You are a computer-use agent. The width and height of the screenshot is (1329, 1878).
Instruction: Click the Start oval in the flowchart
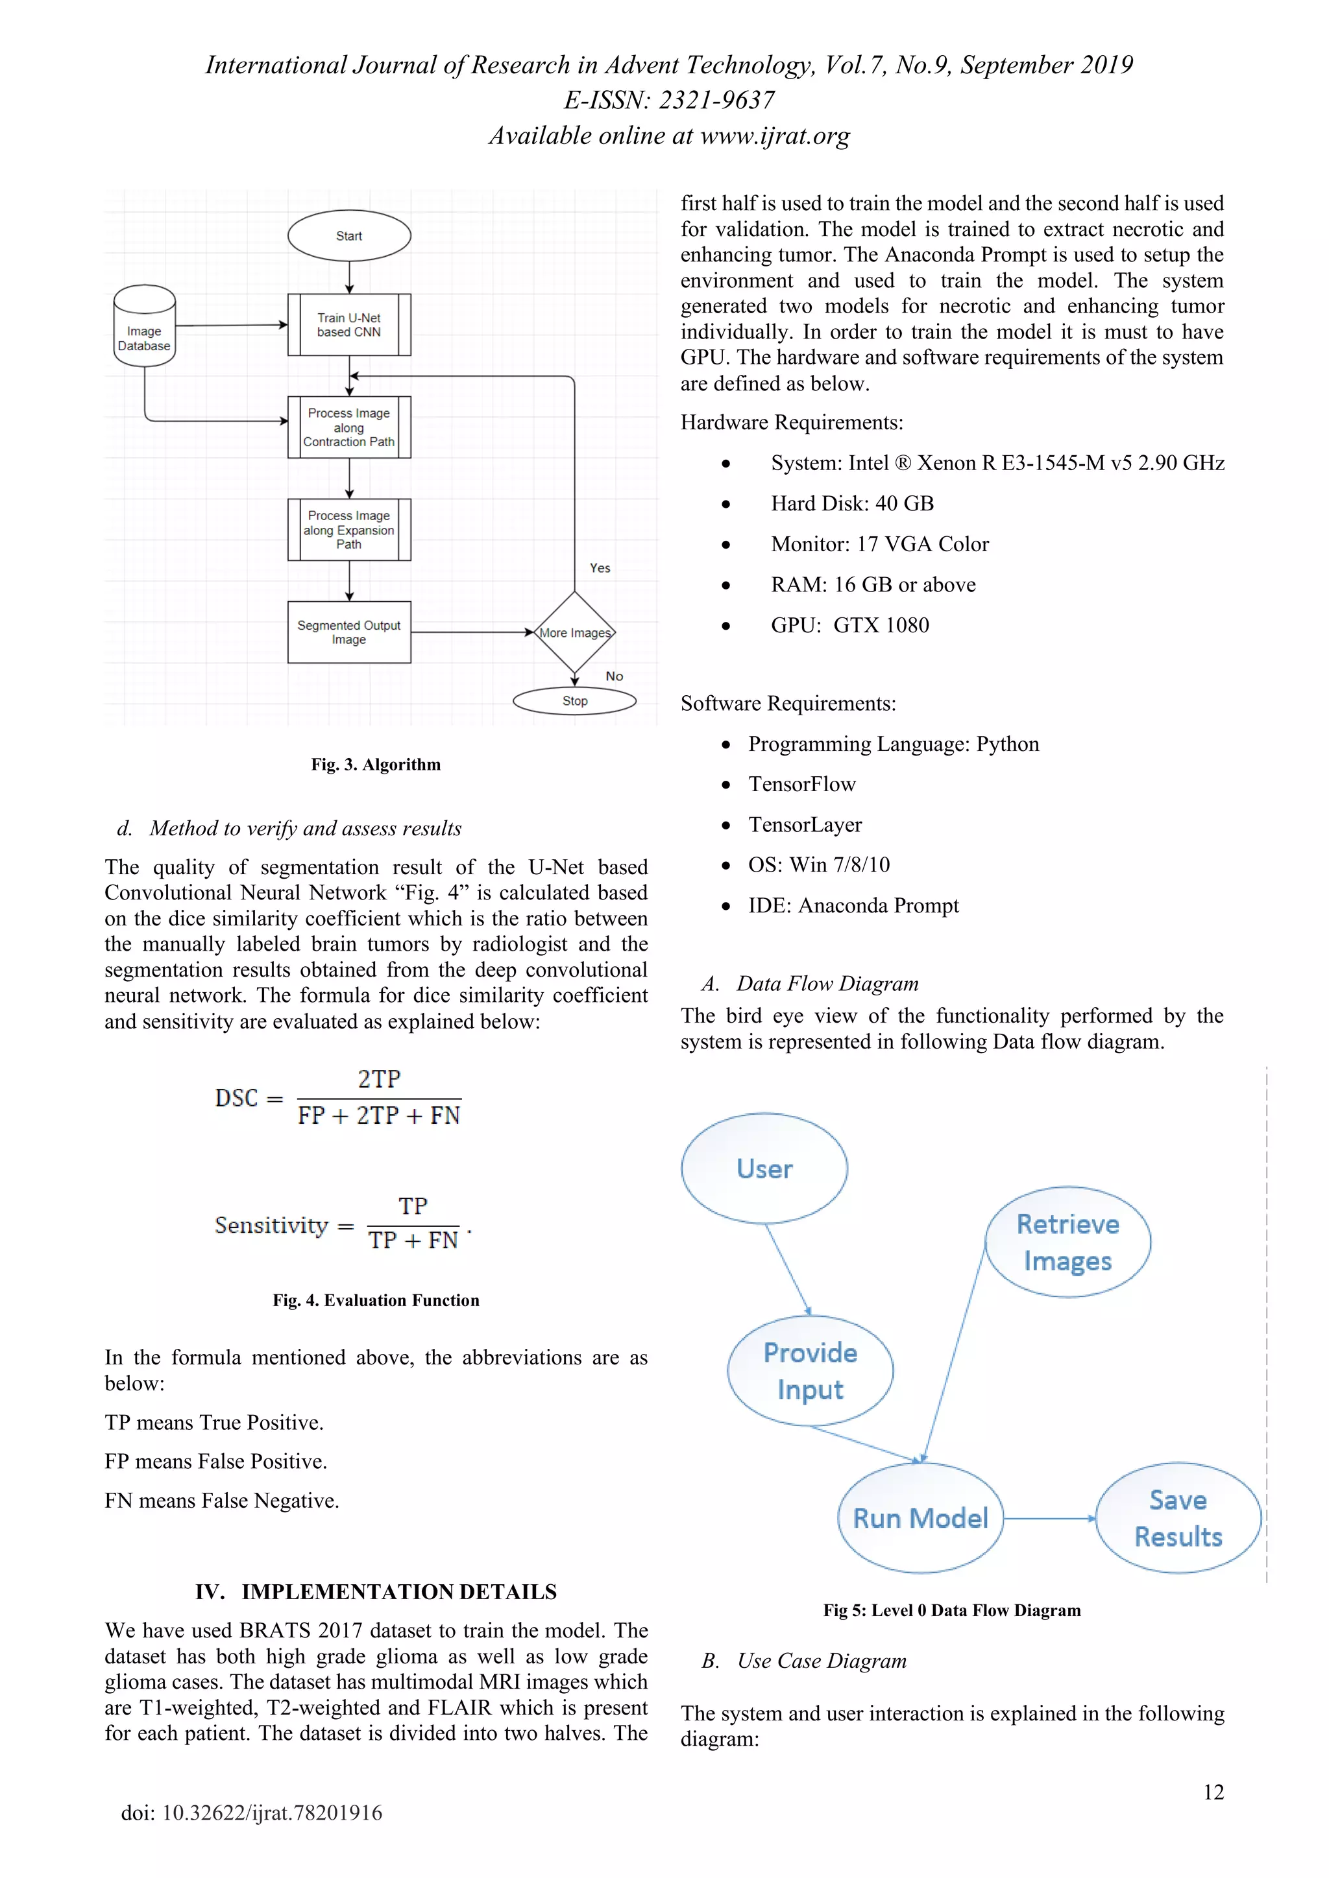(348, 235)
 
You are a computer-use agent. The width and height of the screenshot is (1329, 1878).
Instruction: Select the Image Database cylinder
(144, 326)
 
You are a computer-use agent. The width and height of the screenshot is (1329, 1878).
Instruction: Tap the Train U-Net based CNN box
(348, 325)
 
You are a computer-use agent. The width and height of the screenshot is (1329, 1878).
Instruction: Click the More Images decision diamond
(574, 632)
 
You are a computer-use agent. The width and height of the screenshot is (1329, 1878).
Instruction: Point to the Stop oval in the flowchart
(574, 701)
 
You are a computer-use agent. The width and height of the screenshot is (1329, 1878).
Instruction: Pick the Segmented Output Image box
(348, 632)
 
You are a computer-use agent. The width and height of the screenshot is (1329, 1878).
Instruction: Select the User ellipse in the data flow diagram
(764, 1168)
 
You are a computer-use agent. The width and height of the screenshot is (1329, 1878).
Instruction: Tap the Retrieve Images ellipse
(1067, 1242)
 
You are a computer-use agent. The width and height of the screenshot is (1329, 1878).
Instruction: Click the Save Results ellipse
(1178, 1518)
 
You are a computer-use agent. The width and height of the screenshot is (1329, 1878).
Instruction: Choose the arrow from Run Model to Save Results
(1049, 1518)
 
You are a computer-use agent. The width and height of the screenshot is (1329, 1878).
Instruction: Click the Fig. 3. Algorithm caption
(376, 765)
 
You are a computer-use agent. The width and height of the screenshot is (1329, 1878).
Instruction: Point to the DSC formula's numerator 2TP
(379, 1080)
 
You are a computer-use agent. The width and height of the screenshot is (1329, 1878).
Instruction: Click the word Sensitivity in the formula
(271, 1225)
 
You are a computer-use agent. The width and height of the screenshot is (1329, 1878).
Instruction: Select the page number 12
(1213, 1792)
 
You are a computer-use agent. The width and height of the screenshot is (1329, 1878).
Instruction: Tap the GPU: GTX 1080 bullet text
(849, 626)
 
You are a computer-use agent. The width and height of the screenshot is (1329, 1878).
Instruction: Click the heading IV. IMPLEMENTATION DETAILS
(376, 1592)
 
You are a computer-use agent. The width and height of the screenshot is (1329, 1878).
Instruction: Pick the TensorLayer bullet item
(805, 824)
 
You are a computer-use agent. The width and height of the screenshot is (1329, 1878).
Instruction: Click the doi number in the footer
(251, 1813)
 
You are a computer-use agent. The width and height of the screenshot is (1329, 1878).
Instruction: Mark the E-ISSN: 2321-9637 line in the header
(668, 100)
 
